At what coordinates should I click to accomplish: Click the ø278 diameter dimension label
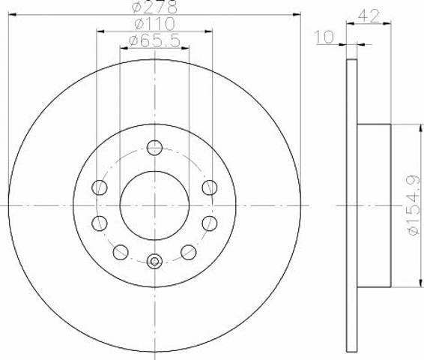point(154,7)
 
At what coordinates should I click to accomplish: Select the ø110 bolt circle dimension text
point(154,24)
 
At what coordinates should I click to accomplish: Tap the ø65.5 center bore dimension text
point(154,40)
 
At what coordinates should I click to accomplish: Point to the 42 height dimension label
point(369,16)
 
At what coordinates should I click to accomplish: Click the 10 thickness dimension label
point(324,37)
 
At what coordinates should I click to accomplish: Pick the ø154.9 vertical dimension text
point(414,205)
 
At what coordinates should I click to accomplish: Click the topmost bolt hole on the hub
point(154,148)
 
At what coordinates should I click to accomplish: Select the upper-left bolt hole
point(100,187)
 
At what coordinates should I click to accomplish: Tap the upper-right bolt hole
point(210,187)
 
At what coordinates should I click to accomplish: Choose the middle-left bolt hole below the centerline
point(100,223)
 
